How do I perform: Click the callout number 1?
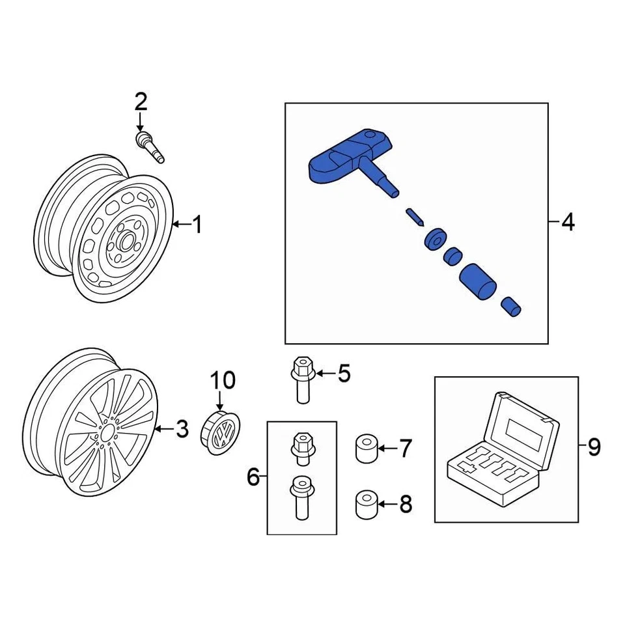point(197,225)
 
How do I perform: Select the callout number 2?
point(141,102)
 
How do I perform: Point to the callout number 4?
point(568,223)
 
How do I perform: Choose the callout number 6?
point(253,478)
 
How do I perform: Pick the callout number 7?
point(405,448)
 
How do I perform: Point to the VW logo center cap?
point(219,432)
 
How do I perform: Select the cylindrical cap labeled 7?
point(367,450)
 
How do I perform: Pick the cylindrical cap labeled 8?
point(367,506)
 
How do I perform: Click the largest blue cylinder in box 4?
point(478,281)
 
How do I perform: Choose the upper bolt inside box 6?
point(301,448)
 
